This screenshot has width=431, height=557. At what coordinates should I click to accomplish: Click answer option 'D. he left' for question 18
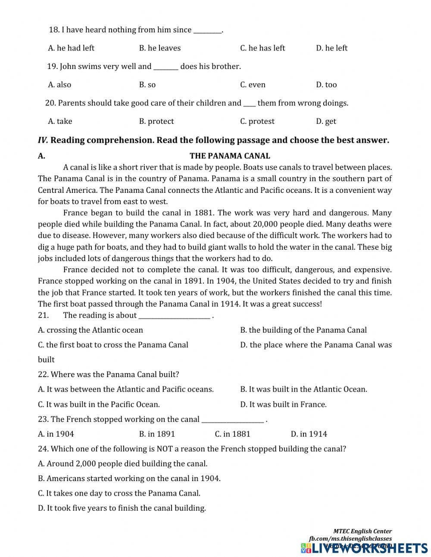(x=331, y=48)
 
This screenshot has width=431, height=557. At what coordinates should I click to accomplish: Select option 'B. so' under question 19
(x=147, y=85)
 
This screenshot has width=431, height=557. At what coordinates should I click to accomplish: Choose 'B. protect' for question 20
(x=156, y=121)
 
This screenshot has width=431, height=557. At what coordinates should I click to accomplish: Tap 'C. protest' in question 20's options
(x=257, y=121)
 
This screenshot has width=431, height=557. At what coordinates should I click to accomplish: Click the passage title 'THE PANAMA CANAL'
(x=230, y=156)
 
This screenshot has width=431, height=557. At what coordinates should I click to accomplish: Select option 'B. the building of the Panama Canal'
(x=303, y=330)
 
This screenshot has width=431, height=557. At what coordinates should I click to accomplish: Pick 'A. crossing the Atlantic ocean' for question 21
(x=91, y=330)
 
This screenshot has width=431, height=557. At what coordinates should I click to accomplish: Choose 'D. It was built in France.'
(x=283, y=404)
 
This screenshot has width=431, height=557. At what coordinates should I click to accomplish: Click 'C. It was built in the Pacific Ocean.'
(x=99, y=404)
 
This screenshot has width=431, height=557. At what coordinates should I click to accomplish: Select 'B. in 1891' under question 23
(x=157, y=434)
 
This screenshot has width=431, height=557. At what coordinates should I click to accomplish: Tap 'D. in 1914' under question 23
(x=309, y=434)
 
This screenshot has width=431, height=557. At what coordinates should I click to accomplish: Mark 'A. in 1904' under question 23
(x=56, y=434)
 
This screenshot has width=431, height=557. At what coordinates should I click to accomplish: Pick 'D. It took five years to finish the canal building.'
(x=122, y=508)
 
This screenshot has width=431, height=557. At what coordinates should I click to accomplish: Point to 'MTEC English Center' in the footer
(x=362, y=531)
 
